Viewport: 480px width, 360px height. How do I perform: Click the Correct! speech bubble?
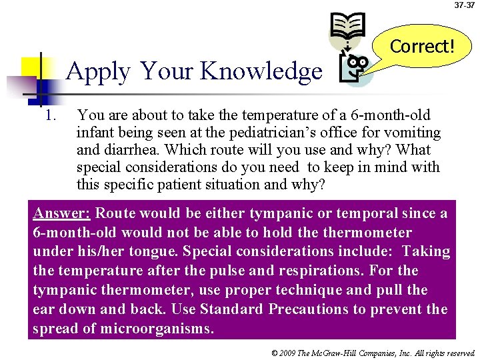tap(422, 46)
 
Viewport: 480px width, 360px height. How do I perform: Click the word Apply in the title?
tap(98, 71)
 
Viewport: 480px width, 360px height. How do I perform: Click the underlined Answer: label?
tap(62, 214)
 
